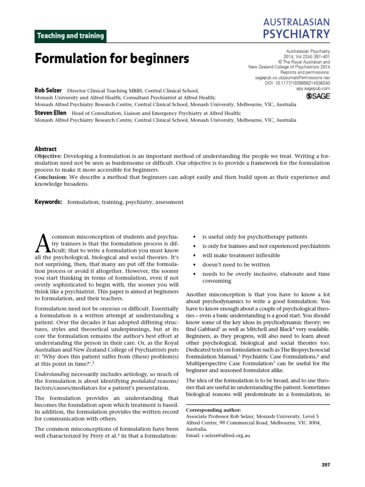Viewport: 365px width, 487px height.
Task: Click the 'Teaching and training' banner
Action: (x=70, y=36)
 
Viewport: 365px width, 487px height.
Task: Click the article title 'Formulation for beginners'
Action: (x=112, y=59)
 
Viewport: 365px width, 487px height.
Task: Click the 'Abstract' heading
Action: (x=46, y=149)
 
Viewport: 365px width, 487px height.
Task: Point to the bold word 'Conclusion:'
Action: (x=50, y=177)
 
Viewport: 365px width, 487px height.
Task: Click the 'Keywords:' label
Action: (x=48, y=202)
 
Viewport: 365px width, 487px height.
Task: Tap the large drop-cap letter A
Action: (x=42, y=243)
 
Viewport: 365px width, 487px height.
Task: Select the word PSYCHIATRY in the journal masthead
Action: (x=297, y=34)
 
